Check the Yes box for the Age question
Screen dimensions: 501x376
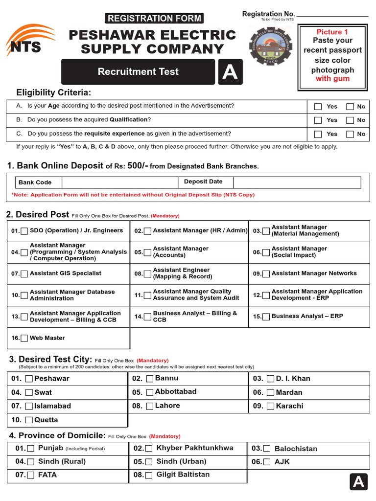click(318, 107)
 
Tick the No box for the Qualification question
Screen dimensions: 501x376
click(350, 120)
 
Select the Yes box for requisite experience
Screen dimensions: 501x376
click(318, 134)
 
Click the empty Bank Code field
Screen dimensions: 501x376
click(119, 182)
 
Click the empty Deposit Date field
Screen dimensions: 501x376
click(297, 182)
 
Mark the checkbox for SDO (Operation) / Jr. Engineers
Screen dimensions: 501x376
click(24, 231)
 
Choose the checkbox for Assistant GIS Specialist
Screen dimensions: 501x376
click(24, 274)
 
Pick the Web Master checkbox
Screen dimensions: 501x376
click(24, 338)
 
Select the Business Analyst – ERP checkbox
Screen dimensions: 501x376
click(266, 317)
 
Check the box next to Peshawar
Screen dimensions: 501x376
click(29, 379)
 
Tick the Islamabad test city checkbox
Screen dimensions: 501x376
click(29, 406)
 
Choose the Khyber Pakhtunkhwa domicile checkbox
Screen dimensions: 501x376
click(148, 448)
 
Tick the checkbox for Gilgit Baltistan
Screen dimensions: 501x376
click(148, 475)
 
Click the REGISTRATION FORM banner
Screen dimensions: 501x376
click(154, 19)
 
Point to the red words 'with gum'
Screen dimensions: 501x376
click(332, 79)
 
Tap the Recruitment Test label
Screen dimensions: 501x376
click(138, 72)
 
